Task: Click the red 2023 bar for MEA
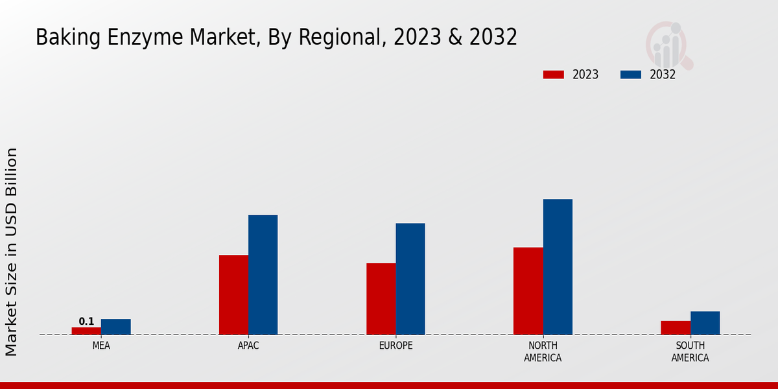click(x=86, y=331)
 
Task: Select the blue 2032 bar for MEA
click(x=115, y=327)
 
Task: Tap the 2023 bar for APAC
click(x=233, y=295)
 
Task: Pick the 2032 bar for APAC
click(x=263, y=275)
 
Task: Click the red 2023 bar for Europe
click(x=381, y=299)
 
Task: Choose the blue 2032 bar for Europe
click(x=410, y=279)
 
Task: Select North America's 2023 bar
click(x=528, y=291)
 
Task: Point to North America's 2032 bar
click(x=558, y=267)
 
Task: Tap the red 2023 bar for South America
click(x=676, y=327)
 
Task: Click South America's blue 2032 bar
click(x=705, y=323)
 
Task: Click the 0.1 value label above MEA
click(x=86, y=322)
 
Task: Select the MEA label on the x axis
click(x=101, y=346)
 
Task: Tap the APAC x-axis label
click(x=248, y=346)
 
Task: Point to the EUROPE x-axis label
click(x=395, y=346)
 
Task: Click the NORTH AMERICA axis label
click(x=543, y=351)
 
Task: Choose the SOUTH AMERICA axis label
click(x=690, y=351)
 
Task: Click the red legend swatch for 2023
click(x=553, y=75)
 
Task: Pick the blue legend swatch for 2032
click(x=630, y=75)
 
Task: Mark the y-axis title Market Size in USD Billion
click(x=12, y=252)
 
